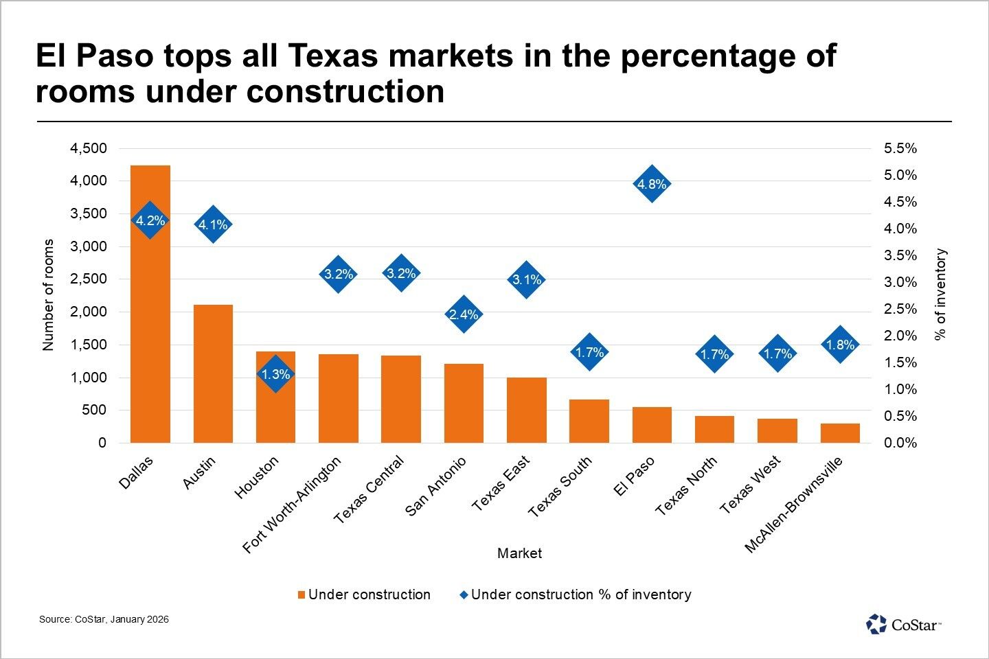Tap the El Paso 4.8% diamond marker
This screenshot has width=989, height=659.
tap(651, 184)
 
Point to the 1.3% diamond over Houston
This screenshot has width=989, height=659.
tap(275, 375)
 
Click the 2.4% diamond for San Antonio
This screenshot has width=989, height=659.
tap(464, 314)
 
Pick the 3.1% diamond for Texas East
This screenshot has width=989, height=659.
tap(527, 279)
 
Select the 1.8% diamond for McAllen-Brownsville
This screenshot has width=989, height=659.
tap(840, 345)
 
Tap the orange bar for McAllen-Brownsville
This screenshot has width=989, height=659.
tap(840, 433)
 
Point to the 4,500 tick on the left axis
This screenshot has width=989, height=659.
tap(89, 148)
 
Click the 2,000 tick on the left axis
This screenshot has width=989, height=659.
tap(89, 312)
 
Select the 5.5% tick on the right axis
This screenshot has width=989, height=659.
tap(900, 148)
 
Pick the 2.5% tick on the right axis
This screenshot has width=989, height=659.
tap(900, 309)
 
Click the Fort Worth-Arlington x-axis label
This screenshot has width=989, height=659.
tap(292, 505)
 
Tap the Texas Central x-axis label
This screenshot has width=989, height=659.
tap(369, 489)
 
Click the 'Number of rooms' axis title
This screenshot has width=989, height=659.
tap(48, 295)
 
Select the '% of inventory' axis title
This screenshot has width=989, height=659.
tap(941, 294)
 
